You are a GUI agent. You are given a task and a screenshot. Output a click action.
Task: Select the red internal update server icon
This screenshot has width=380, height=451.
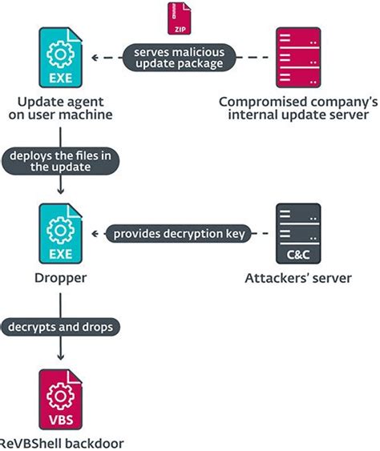[298, 57]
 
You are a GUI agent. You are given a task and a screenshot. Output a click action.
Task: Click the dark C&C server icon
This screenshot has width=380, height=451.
[298, 233]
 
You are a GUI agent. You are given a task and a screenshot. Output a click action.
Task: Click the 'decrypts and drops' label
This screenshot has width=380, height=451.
[61, 326]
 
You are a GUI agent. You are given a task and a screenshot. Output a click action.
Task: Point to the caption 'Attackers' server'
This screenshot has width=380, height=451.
[298, 280]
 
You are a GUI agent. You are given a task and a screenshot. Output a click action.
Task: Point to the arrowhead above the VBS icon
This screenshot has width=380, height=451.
[61, 360]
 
